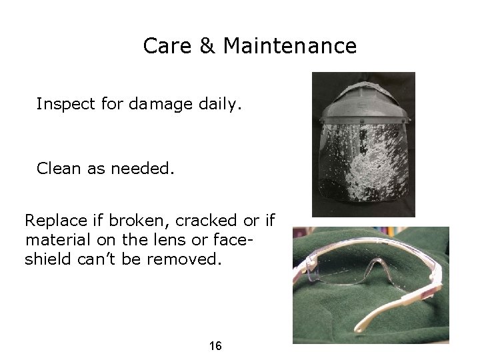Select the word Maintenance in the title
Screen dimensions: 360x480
[290, 46]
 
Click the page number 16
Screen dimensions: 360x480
[215, 346]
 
